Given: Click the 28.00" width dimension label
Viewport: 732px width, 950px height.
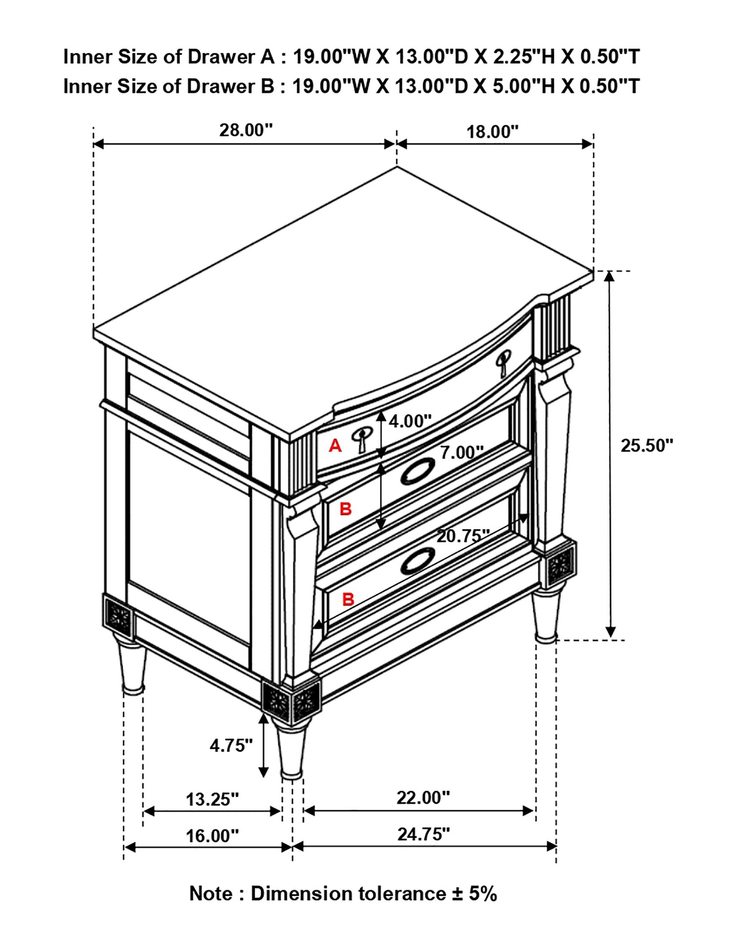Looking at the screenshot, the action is [x=246, y=130].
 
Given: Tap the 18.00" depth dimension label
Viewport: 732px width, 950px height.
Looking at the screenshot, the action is [x=492, y=132].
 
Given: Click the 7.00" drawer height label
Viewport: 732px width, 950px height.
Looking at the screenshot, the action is [x=462, y=452].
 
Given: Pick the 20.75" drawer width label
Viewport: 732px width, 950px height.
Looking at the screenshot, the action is [x=463, y=536].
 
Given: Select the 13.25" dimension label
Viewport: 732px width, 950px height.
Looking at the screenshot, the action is [x=212, y=799].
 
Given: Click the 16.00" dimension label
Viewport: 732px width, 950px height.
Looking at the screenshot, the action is [x=212, y=836].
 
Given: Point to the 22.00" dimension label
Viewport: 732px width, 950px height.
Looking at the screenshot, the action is [x=423, y=798].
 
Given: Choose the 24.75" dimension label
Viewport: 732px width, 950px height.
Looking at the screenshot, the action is [x=423, y=834].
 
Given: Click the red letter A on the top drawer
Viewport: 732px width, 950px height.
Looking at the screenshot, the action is [x=335, y=446].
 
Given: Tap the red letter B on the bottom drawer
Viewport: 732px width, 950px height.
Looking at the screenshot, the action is [x=348, y=599].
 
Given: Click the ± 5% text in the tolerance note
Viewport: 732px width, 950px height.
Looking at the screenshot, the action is [x=472, y=894].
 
